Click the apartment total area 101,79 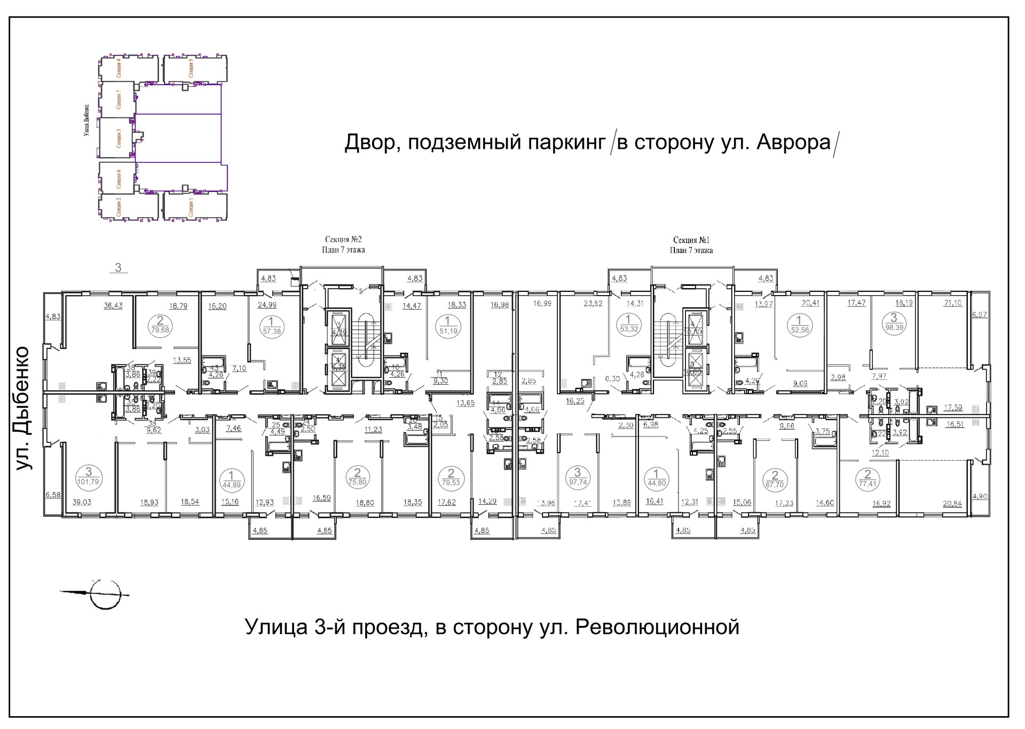[89, 482]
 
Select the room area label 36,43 [113, 306]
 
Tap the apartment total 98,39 [894, 328]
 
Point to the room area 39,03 [82, 502]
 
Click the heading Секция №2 [343, 240]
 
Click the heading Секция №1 [691, 240]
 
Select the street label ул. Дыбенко [23, 408]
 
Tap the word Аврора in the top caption [794, 142]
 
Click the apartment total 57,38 [272, 331]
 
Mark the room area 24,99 [267, 306]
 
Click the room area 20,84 [952, 504]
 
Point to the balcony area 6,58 [53, 495]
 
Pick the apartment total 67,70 [775, 485]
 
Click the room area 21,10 [953, 303]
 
